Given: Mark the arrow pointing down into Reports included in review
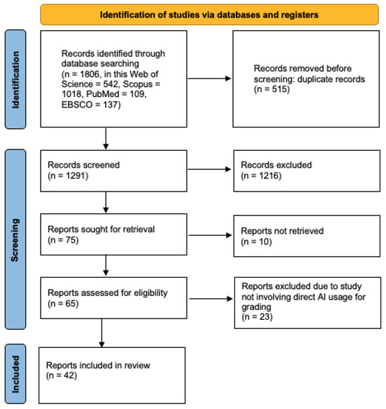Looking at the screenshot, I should point(103,334).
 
